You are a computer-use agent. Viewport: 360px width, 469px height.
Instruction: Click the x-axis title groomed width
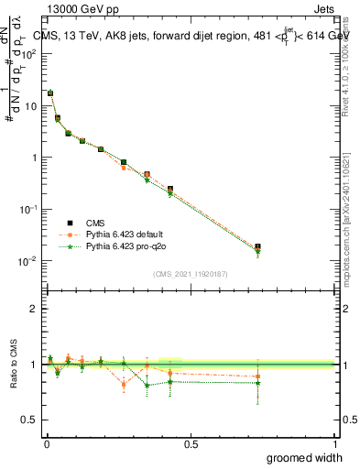point(305,457)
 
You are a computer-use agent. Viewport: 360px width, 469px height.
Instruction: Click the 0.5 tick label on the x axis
point(191,444)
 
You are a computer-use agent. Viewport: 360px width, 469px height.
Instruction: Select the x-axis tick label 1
point(335,444)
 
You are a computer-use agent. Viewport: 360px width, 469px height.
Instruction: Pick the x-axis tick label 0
point(46,444)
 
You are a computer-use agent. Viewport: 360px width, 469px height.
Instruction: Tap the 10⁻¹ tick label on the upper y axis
point(27,209)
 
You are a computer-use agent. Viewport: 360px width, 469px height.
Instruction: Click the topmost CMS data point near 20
point(50,93)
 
